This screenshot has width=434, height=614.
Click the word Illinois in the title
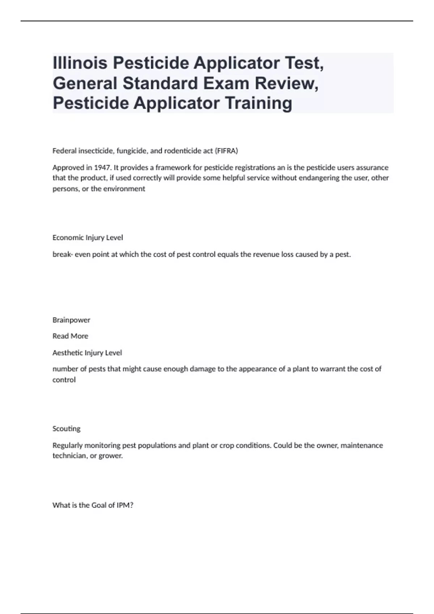80,63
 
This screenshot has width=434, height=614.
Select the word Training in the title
259,103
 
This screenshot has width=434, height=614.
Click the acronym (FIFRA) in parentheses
226,151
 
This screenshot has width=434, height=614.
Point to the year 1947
102,168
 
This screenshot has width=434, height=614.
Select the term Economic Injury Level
88,238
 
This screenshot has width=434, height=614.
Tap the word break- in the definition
63,254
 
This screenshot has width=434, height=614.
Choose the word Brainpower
71,320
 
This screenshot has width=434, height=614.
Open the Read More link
70,336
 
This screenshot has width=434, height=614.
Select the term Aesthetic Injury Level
87,353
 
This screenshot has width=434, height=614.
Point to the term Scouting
67,429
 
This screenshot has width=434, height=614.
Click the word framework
172,168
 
